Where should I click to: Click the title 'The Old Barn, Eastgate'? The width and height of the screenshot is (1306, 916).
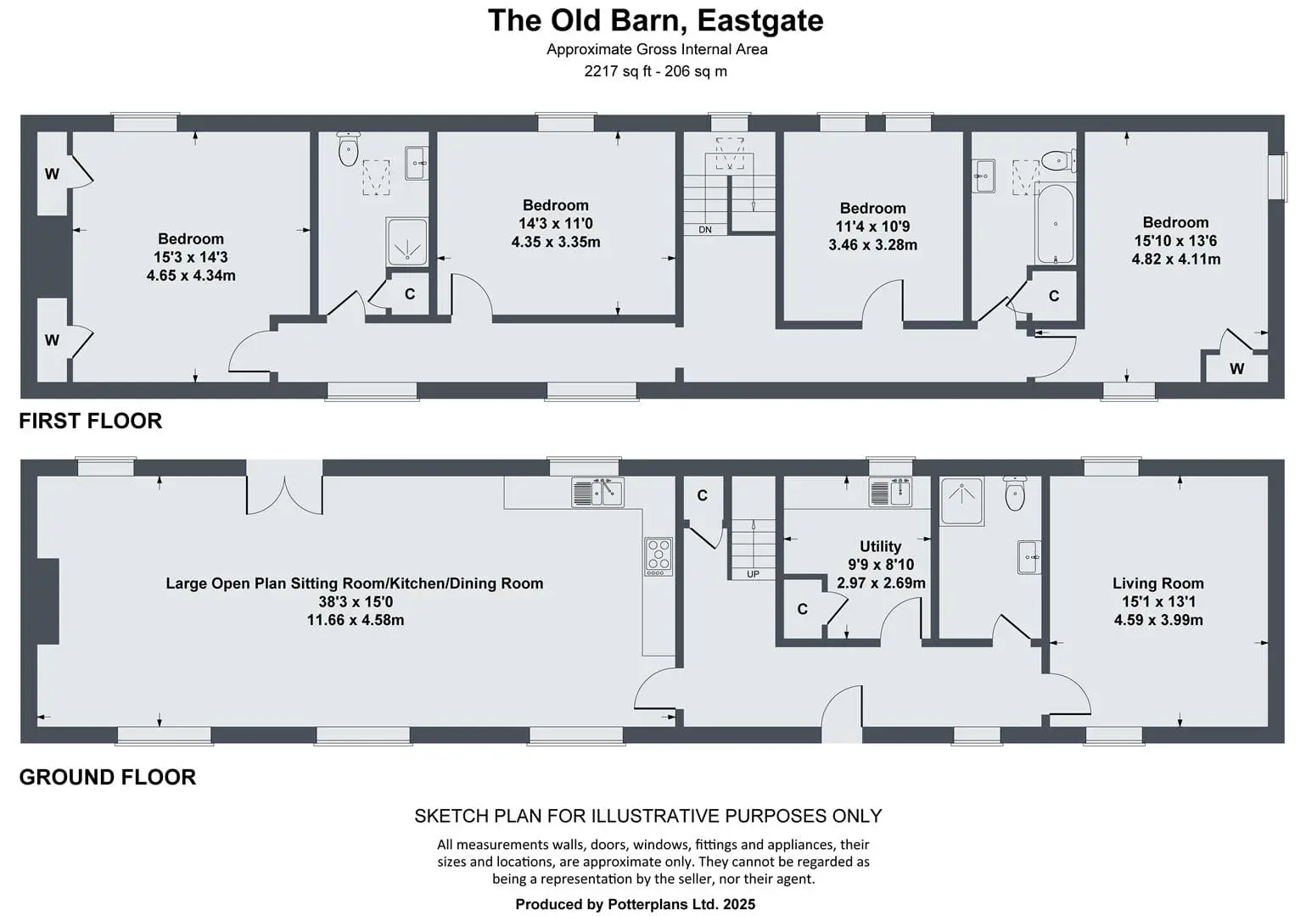pyautogui.click(x=655, y=20)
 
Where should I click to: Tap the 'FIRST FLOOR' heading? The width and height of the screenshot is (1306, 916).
pyautogui.click(x=90, y=421)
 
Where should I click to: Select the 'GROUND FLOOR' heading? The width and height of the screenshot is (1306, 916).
pyautogui.click(x=107, y=777)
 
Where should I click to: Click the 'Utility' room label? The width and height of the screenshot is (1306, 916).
pyautogui.click(x=880, y=546)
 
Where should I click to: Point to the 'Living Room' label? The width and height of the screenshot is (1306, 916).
pyautogui.click(x=1157, y=584)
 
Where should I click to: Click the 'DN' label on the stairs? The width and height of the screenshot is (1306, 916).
pyautogui.click(x=705, y=230)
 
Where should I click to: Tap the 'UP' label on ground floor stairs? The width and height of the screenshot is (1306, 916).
pyautogui.click(x=753, y=574)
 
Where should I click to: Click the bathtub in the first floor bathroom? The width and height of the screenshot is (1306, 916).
pyautogui.click(x=1055, y=225)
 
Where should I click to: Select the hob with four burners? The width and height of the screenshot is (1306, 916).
pyautogui.click(x=659, y=556)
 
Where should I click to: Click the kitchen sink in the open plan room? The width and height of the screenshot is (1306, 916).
pyautogui.click(x=597, y=493)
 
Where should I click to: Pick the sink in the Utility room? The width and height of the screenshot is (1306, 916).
pyautogui.click(x=890, y=493)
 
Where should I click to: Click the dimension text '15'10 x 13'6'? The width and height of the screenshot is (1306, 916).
pyautogui.click(x=1175, y=241)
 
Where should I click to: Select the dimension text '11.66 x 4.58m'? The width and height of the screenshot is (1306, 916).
pyautogui.click(x=356, y=620)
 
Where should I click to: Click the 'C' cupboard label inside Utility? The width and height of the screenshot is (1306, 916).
pyautogui.click(x=802, y=609)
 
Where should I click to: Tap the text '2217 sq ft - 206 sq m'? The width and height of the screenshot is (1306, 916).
pyautogui.click(x=655, y=71)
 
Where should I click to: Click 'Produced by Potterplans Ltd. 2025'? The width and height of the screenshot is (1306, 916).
pyautogui.click(x=635, y=904)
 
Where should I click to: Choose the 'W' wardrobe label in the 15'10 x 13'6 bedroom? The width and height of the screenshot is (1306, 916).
pyautogui.click(x=1236, y=368)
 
